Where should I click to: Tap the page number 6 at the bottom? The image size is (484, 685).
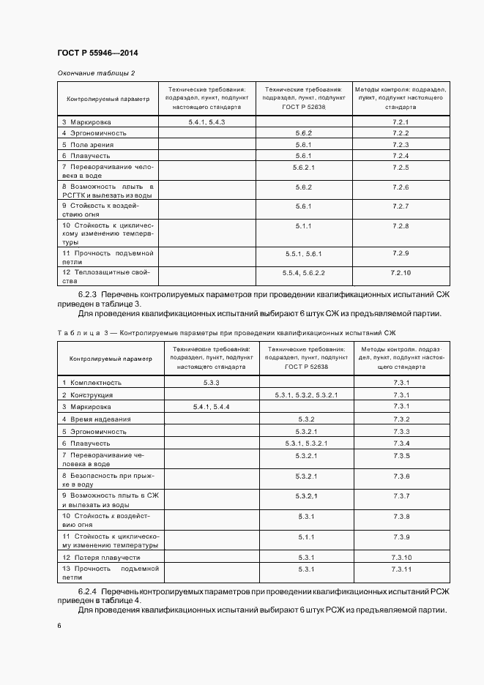pos(59,626)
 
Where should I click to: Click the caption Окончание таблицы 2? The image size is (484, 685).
pos(96,73)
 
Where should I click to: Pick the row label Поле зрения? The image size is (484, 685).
pos(89,144)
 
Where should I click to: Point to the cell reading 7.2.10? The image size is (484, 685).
pos(401,272)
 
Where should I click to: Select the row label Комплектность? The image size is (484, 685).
pos(95,383)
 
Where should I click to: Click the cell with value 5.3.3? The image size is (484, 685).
pos(212,383)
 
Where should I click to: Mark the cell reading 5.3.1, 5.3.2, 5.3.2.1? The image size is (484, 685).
pos(306,395)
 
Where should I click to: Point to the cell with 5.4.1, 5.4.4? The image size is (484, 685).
pos(212,406)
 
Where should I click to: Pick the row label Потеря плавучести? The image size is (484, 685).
pos(100,558)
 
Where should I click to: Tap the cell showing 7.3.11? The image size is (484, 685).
pos(401,569)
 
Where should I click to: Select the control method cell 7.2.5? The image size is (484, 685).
pos(401,168)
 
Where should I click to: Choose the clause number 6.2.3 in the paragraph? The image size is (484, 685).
pos(89,293)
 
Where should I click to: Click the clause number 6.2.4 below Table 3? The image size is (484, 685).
pos(89,590)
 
